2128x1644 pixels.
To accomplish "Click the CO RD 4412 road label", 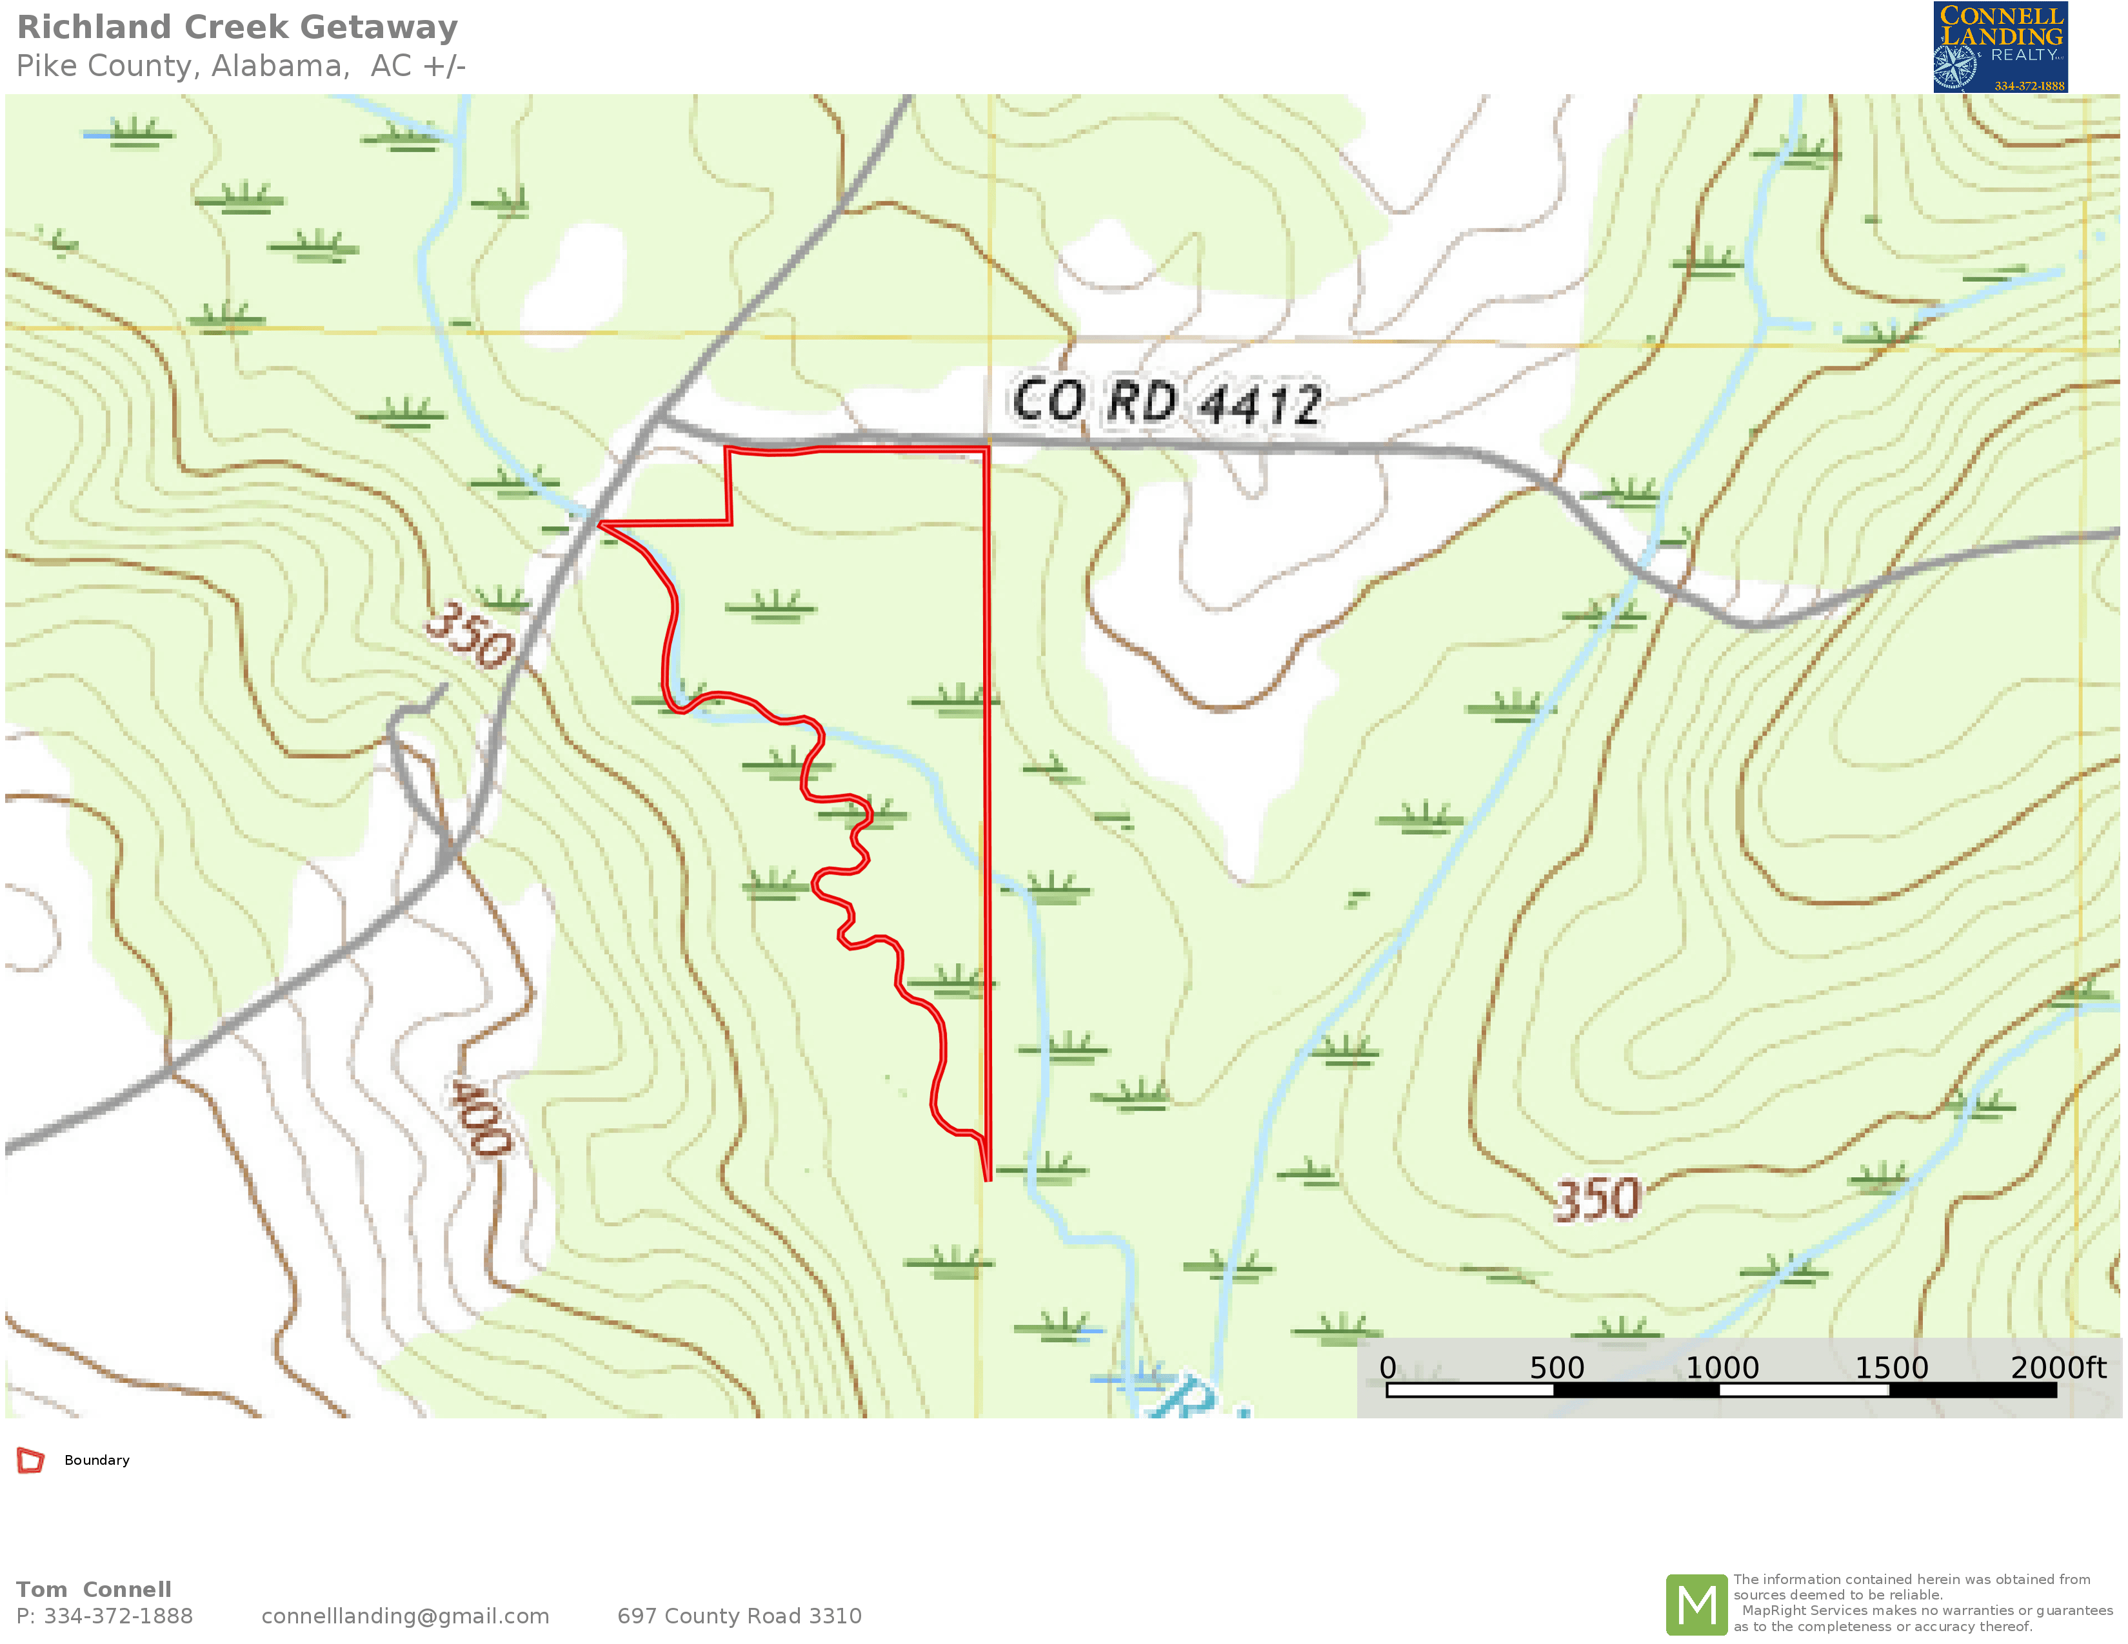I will (1166, 401).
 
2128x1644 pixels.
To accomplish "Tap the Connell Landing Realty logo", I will (2000, 47).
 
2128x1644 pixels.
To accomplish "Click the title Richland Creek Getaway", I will (237, 27).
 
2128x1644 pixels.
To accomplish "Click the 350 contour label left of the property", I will (470, 635).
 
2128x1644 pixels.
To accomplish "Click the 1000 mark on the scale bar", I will (1721, 1367).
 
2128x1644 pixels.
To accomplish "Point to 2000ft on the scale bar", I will (2057, 1367).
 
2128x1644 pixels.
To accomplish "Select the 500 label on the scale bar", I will (1555, 1367).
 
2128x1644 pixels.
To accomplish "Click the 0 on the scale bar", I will (1387, 1367).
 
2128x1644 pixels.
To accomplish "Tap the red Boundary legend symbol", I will (30, 1460).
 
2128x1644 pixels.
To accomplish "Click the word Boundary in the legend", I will (97, 1460).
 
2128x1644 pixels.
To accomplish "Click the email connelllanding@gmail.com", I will (405, 1616).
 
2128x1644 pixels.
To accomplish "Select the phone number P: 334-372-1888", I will (104, 1616).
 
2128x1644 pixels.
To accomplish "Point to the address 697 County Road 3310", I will (739, 1616).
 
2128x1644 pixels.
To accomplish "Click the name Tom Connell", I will (94, 1589).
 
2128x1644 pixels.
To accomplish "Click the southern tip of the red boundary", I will (987, 1179).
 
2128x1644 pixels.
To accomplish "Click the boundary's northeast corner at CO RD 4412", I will (987, 449).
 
